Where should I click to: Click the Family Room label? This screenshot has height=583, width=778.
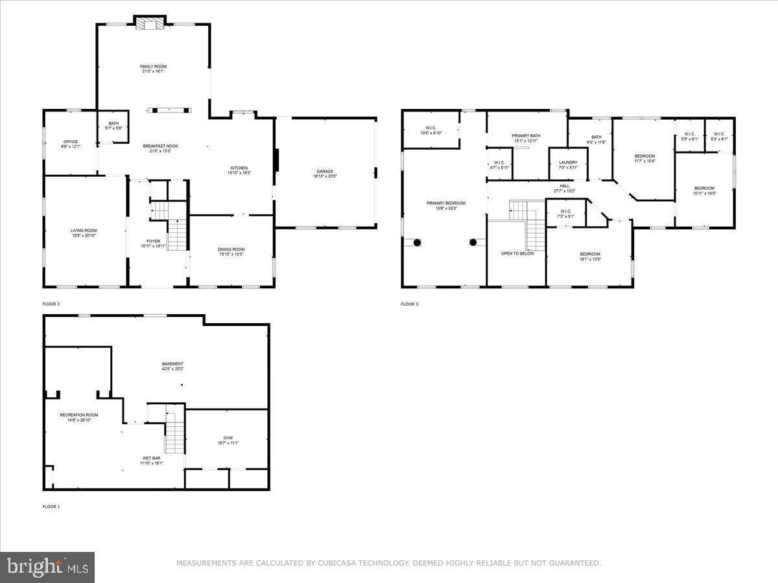click(153, 66)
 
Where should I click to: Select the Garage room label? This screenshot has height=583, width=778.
click(325, 171)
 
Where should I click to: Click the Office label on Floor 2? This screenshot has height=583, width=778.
click(71, 141)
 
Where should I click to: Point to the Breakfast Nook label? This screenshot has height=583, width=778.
click(160, 146)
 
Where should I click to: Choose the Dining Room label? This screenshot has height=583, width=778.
click(231, 249)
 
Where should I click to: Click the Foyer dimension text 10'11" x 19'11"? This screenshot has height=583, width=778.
click(154, 246)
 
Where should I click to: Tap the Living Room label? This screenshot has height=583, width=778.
click(84, 230)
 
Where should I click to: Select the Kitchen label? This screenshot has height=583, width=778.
click(239, 168)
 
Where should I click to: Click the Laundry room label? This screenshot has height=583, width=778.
click(568, 162)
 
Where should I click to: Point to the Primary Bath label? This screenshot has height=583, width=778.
click(526, 135)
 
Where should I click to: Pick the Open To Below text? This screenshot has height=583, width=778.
click(517, 253)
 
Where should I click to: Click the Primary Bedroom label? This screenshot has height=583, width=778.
click(445, 203)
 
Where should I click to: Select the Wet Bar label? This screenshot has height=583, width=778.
click(152, 458)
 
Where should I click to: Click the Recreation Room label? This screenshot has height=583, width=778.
click(79, 415)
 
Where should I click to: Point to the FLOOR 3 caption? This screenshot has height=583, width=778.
click(409, 304)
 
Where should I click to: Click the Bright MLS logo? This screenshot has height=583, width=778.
click(47, 567)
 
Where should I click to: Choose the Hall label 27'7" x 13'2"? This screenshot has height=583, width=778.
click(565, 185)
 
